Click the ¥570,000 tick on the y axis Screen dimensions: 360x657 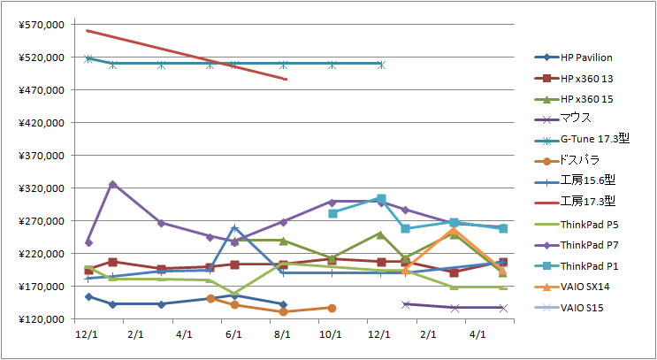click(x=40, y=25)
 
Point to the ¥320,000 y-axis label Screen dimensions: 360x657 click(x=40, y=188)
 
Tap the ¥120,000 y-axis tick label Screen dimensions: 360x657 click(x=40, y=319)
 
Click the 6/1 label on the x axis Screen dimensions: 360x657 click(x=234, y=334)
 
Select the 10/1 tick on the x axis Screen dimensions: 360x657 click(x=332, y=334)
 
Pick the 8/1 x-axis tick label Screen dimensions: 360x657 click(x=283, y=334)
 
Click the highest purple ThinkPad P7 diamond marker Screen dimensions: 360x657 click(x=112, y=184)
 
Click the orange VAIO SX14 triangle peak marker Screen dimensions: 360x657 click(x=454, y=231)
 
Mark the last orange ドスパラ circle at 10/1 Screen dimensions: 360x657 click(x=332, y=308)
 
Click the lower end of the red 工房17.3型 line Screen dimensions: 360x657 click(x=285, y=79)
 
